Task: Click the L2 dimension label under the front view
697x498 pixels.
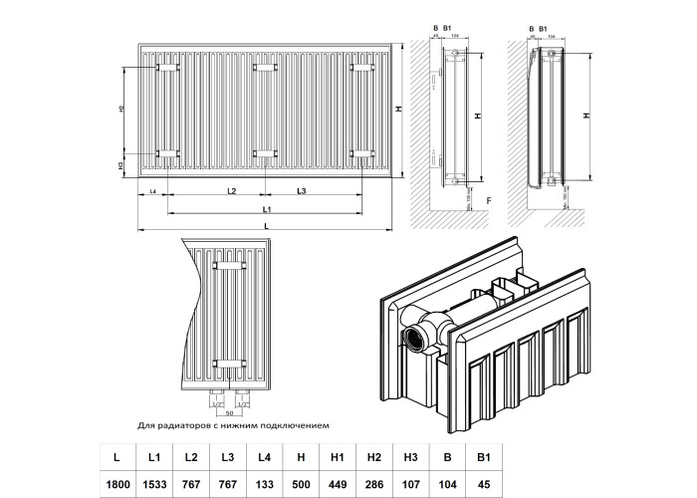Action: pos(230,190)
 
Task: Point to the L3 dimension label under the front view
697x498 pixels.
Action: pos(301,190)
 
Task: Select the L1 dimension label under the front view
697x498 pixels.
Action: pos(268,209)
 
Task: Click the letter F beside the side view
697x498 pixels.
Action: pos(490,202)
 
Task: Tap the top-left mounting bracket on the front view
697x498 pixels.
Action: pos(165,68)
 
